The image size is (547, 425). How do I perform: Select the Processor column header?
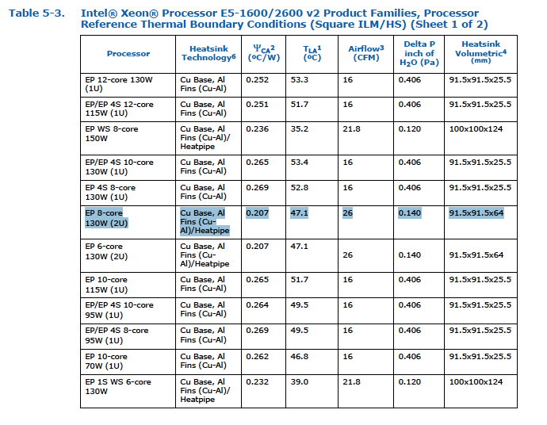pos(128,53)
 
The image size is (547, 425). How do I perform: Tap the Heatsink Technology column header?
pos(208,53)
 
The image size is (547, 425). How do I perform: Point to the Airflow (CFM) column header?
pos(365,53)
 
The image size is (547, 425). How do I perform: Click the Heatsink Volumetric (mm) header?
pos(480,53)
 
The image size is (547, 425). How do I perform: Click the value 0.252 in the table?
pos(257,80)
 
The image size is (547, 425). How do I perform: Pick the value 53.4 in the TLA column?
pos(300,162)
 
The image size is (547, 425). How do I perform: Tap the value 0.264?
pos(257,304)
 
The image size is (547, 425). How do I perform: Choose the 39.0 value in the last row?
pos(300,382)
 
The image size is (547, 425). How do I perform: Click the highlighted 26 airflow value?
pos(348,212)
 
